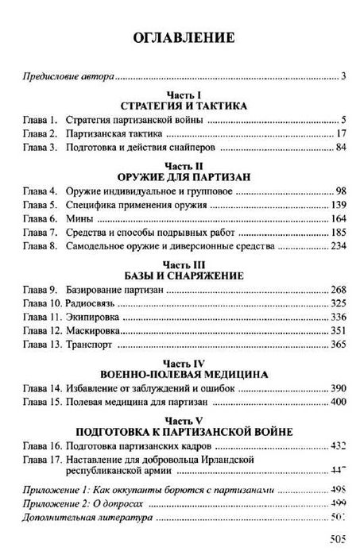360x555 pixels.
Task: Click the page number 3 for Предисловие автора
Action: (x=341, y=77)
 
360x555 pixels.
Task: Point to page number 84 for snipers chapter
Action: (x=338, y=147)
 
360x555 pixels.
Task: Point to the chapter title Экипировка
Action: (x=94, y=318)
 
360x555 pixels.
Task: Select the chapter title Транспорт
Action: (x=91, y=347)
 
